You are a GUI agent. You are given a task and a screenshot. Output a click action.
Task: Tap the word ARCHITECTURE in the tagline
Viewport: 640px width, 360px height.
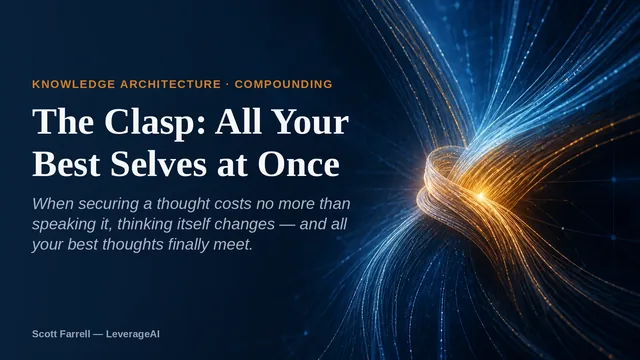point(171,84)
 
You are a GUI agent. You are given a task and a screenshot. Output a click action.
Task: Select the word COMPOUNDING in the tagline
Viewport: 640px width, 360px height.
point(284,84)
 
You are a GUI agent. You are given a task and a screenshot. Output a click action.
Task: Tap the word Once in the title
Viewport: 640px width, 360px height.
point(299,164)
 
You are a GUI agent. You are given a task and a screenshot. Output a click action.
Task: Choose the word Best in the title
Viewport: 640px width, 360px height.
point(66,164)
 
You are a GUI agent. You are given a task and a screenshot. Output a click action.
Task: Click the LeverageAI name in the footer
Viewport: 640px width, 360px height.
point(133,334)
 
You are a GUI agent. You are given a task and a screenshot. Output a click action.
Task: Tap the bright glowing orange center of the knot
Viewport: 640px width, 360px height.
point(482,196)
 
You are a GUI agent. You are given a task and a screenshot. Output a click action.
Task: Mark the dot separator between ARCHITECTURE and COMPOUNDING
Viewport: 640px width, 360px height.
point(228,84)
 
